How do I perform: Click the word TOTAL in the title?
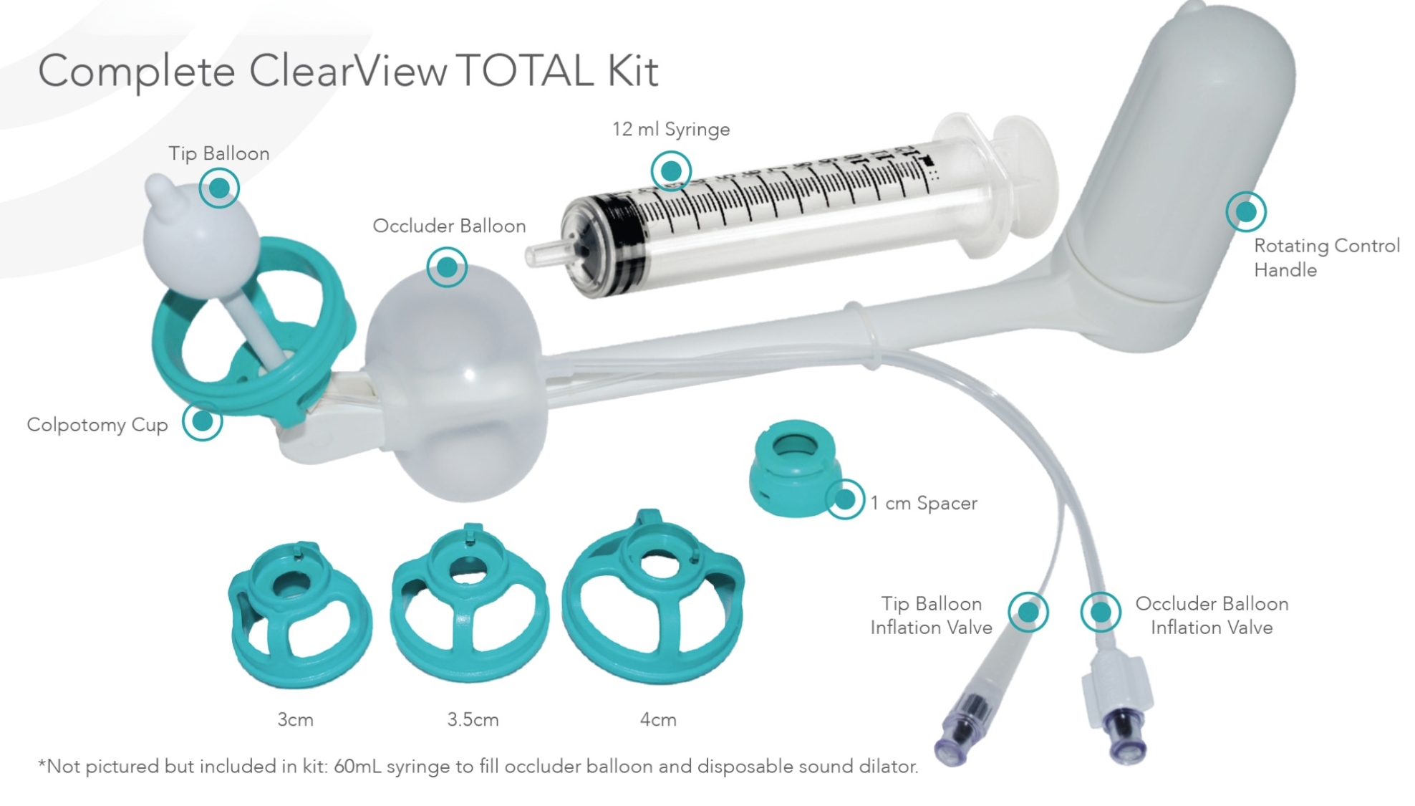(x=526, y=71)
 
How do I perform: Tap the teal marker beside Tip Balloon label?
(x=219, y=188)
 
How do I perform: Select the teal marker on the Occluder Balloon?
(x=447, y=267)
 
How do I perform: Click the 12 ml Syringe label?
(x=671, y=130)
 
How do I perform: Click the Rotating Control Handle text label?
(x=1326, y=258)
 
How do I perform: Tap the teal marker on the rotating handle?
(x=1246, y=211)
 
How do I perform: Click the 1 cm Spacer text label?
(x=924, y=504)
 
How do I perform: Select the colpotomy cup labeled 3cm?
(x=300, y=615)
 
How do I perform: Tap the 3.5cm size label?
(x=473, y=719)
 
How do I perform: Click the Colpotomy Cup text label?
(x=97, y=425)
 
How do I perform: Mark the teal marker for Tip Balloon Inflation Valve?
(x=1028, y=612)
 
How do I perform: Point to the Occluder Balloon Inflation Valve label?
(x=1212, y=615)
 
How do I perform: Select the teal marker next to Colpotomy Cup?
(x=203, y=421)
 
